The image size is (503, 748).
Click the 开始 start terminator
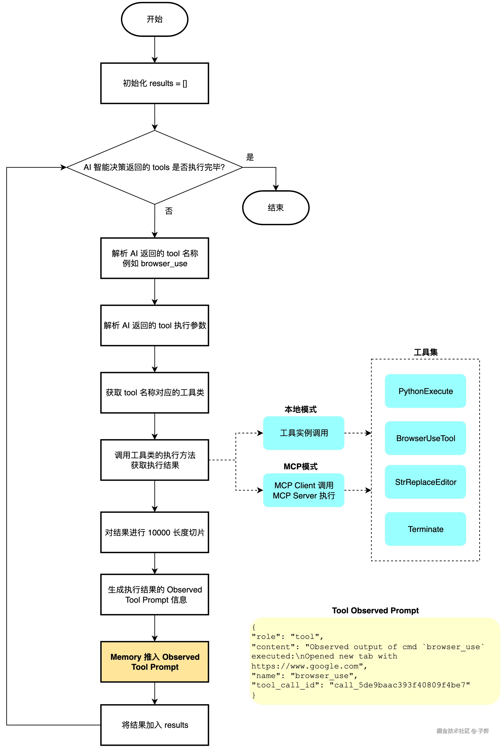point(155,19)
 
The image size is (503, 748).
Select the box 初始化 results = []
point(155,83)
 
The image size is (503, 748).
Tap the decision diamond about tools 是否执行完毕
point(154,167)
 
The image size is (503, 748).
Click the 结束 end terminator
point(276,208)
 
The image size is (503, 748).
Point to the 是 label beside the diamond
point(250,157)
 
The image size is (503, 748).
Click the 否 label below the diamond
point(169,211)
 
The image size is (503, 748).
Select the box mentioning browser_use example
point(155,258)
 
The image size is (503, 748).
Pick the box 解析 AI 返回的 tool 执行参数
point(155,325)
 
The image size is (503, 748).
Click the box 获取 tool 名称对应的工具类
point(155,393)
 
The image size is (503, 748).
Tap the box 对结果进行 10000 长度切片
point(155,532)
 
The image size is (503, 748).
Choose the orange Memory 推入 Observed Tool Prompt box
point(155,662)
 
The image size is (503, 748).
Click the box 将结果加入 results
point(155,725)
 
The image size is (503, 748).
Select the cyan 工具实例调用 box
point(304,433)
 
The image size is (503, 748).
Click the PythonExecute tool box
point(425,391)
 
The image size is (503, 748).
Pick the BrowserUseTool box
point(425,438)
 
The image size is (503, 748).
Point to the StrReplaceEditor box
point(425,482)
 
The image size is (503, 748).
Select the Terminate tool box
point(425,529)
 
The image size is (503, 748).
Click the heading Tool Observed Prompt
point(375,610)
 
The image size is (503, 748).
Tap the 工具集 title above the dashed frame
point(425,352)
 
